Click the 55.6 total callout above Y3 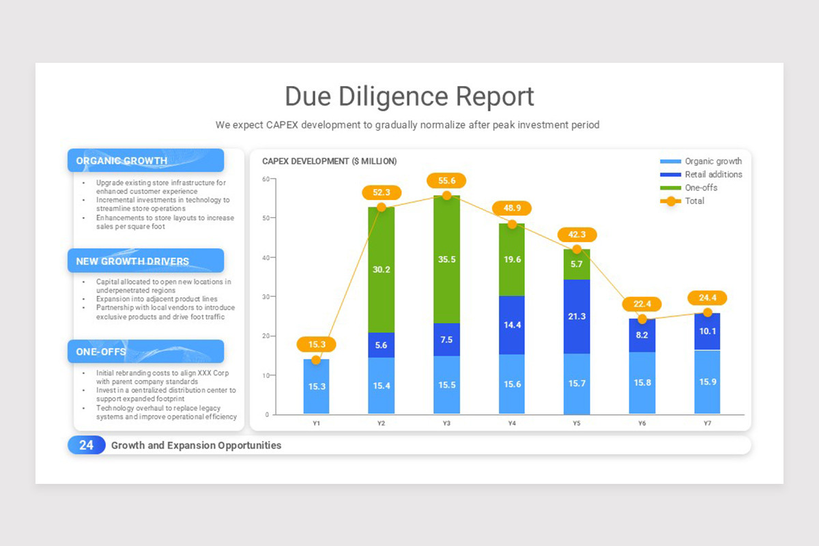(x=446, y=181)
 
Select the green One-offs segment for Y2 (x=382, y=270)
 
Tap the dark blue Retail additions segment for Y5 (x=577, y=316)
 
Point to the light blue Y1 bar (x=316, y=386)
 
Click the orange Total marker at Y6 (x=642, y=319)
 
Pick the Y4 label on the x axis (x=512, y=424)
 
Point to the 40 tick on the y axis (x=265, y=257)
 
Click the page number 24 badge (x=87, y=445)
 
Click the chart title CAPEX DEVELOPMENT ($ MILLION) (x=329, y=161)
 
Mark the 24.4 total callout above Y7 (x=707, y=298)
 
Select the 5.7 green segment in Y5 (x=577, y=264)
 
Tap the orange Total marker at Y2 (x=382, y=207)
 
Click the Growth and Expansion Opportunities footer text (x=196, y=446)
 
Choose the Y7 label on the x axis (x=707, y=424)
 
